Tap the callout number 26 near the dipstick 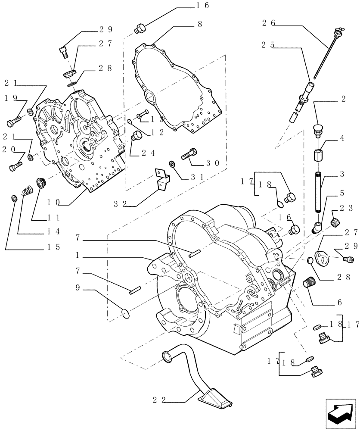click(268, 23)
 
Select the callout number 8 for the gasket click(200, 25)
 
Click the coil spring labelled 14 click(28, 190)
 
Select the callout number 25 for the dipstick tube click(268, 44)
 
